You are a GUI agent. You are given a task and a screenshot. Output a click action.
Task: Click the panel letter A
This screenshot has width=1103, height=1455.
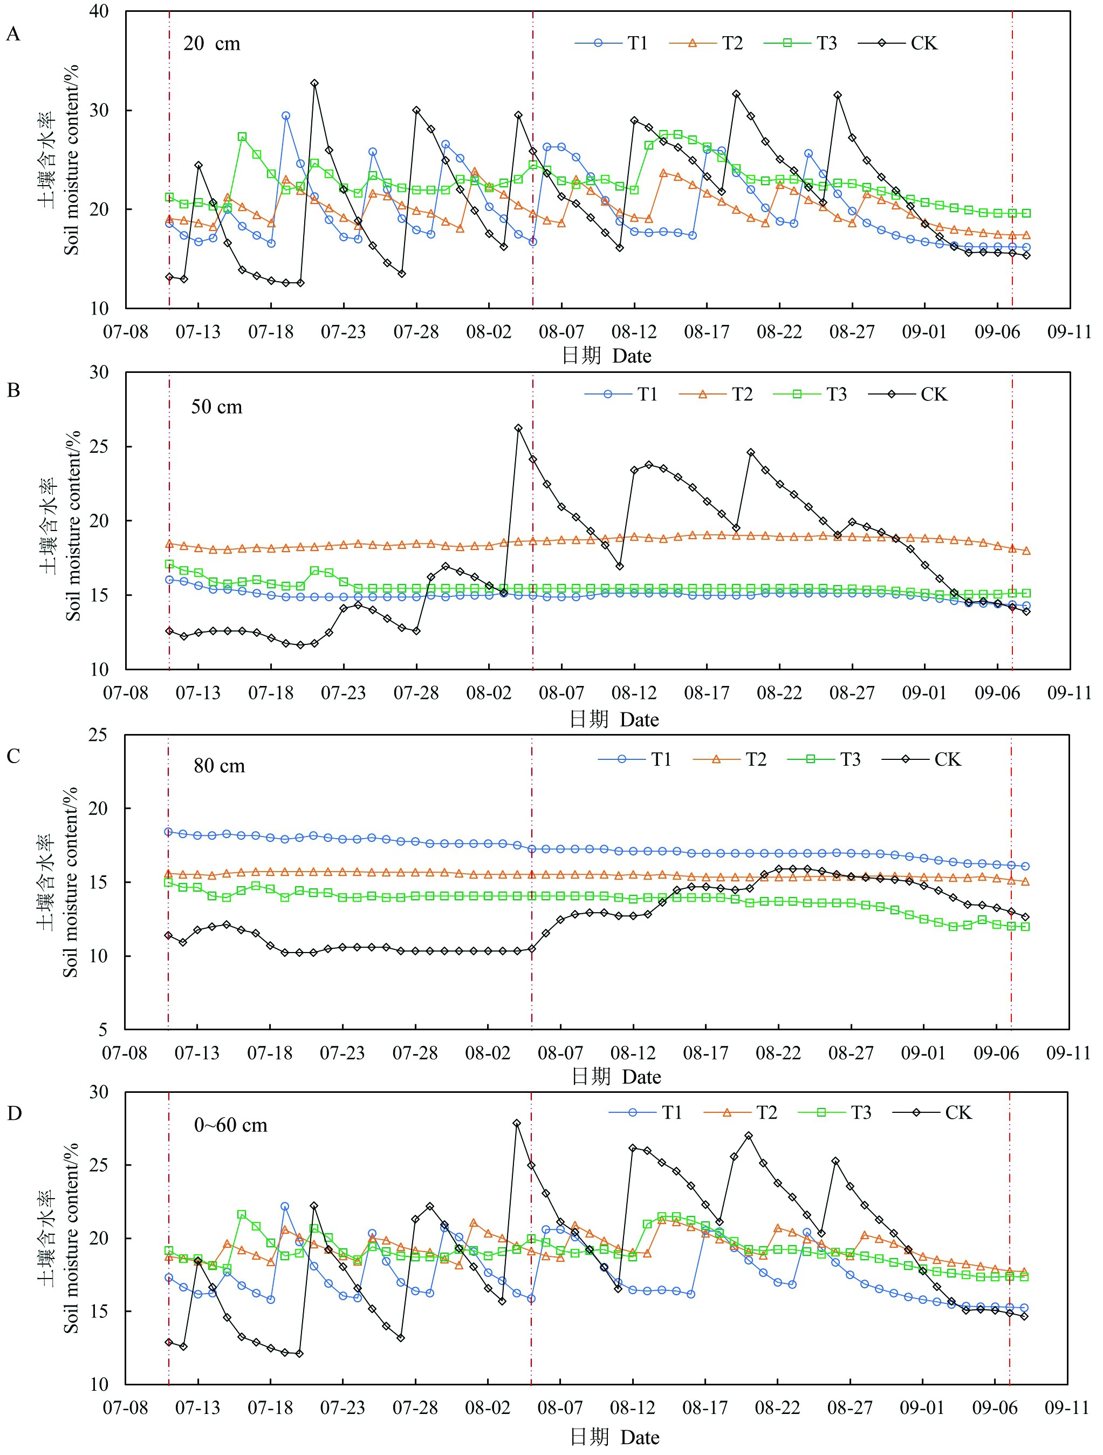coord(12,34)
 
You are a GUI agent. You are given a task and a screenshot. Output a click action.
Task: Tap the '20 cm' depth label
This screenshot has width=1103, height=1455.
coord(211,44)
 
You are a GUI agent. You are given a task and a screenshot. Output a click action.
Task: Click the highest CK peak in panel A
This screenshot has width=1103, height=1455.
coord(315,84)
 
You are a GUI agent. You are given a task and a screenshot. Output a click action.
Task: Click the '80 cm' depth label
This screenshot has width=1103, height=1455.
coord(219,766)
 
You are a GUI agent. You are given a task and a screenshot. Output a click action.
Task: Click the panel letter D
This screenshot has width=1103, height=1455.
coord(13,1113)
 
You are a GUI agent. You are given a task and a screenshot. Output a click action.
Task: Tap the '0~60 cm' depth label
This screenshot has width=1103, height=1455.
coord(231,1125)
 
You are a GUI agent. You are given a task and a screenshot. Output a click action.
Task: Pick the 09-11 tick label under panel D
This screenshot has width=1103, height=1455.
coord(1068,1408)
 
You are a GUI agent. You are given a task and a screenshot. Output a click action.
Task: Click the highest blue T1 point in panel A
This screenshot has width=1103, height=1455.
coord(285,116)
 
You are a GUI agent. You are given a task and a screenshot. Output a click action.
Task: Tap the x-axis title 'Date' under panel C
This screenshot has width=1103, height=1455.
coord(641,1077)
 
